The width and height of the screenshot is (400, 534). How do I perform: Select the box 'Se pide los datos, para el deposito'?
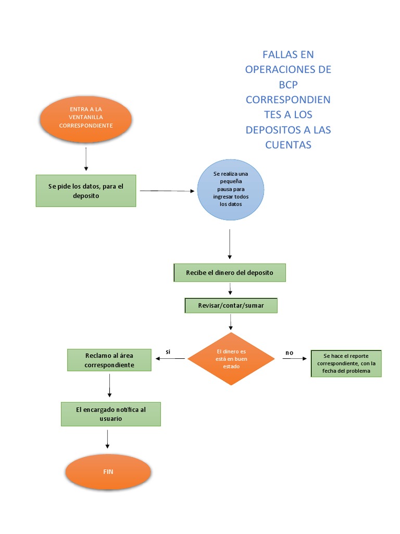[x=86, y=191]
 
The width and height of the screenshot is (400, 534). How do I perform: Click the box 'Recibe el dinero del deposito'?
[x=229, y=273]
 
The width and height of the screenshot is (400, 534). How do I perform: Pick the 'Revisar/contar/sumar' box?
[x=231, y=305]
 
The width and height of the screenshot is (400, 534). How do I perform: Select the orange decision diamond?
[x=231, y=359]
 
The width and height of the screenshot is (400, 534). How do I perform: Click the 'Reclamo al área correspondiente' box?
[x=109, y=360]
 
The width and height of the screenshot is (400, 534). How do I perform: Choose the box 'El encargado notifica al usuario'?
[x=110, y=414]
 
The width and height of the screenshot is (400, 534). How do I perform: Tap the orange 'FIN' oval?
[x=108, y=471]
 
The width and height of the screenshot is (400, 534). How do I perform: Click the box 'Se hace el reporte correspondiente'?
[x=346, y=363]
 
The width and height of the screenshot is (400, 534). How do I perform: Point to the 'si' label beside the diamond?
[x=168, y=352]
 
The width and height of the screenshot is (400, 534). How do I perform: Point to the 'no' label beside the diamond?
[x=289, y=353]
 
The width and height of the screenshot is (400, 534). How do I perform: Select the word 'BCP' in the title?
[x=288, y=84]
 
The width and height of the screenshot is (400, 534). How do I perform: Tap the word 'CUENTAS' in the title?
[x=288, y=145]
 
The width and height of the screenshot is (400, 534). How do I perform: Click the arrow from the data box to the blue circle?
[x=166, y=191]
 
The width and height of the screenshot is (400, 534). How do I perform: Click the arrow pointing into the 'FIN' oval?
[x=108, y=439]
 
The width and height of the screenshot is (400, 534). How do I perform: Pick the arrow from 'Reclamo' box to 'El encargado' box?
[x=110, y=386]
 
